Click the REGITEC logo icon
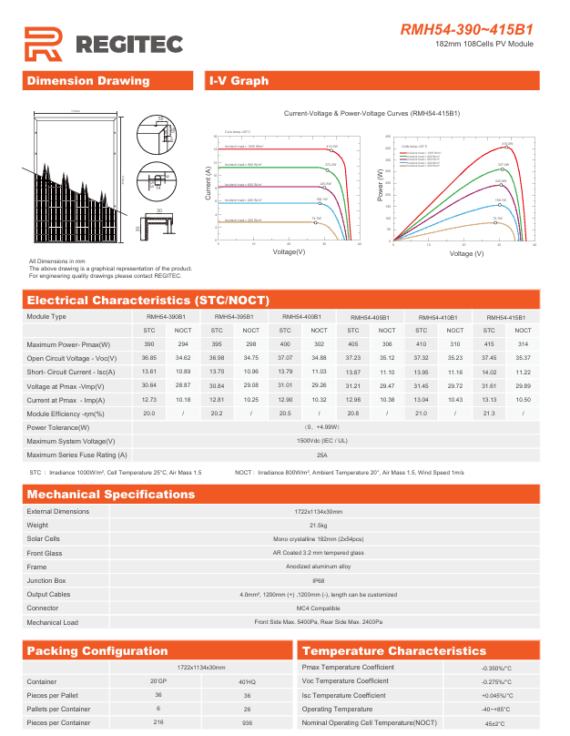(x=43, y=42)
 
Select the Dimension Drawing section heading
(x=88, y=81)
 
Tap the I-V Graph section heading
(x=239, y=81)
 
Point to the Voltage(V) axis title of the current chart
(x=289, y=251)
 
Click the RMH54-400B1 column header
(x=301, y=316)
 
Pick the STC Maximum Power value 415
(x=489, y=344)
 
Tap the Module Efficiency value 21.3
(x=489, y=414)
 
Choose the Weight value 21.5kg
(x=318, y=525)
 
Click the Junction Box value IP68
(x=318, y=580)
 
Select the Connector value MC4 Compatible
(x=318, y=608)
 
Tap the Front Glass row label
(x=45, y=553)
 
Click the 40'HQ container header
(x=247, y=681)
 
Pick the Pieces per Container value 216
(x=158, y=722)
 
